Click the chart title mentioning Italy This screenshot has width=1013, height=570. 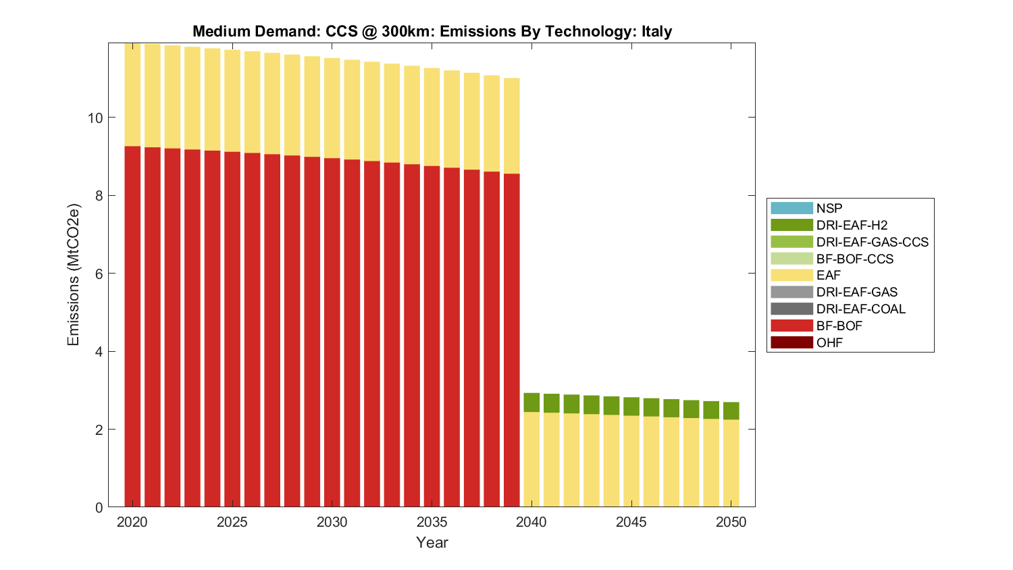pos(432,32)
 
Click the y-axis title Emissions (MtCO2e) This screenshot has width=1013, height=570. pos(73,275)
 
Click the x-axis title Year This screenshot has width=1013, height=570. pos(432,542)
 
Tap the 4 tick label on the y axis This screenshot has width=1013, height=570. pos(99,352)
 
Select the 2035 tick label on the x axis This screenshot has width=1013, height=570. pos(432,522)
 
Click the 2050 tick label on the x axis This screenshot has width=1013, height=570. pos(731,522)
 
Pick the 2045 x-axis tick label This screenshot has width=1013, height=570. pos(631,522)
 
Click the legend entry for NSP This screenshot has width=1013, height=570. pos(829,209)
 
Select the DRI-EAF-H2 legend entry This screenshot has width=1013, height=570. pos(852,226)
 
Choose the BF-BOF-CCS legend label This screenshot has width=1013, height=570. pos(855,259)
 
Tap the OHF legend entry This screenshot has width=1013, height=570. pos(829,342)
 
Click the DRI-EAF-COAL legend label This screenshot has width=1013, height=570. pos(861,309)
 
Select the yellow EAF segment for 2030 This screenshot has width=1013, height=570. pos(332,108)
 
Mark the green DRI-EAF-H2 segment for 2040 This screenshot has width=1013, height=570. pos(531,403)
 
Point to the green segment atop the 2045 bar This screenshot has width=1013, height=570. pos(631,407)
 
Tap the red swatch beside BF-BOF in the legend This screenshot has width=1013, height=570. pos(791,326)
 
